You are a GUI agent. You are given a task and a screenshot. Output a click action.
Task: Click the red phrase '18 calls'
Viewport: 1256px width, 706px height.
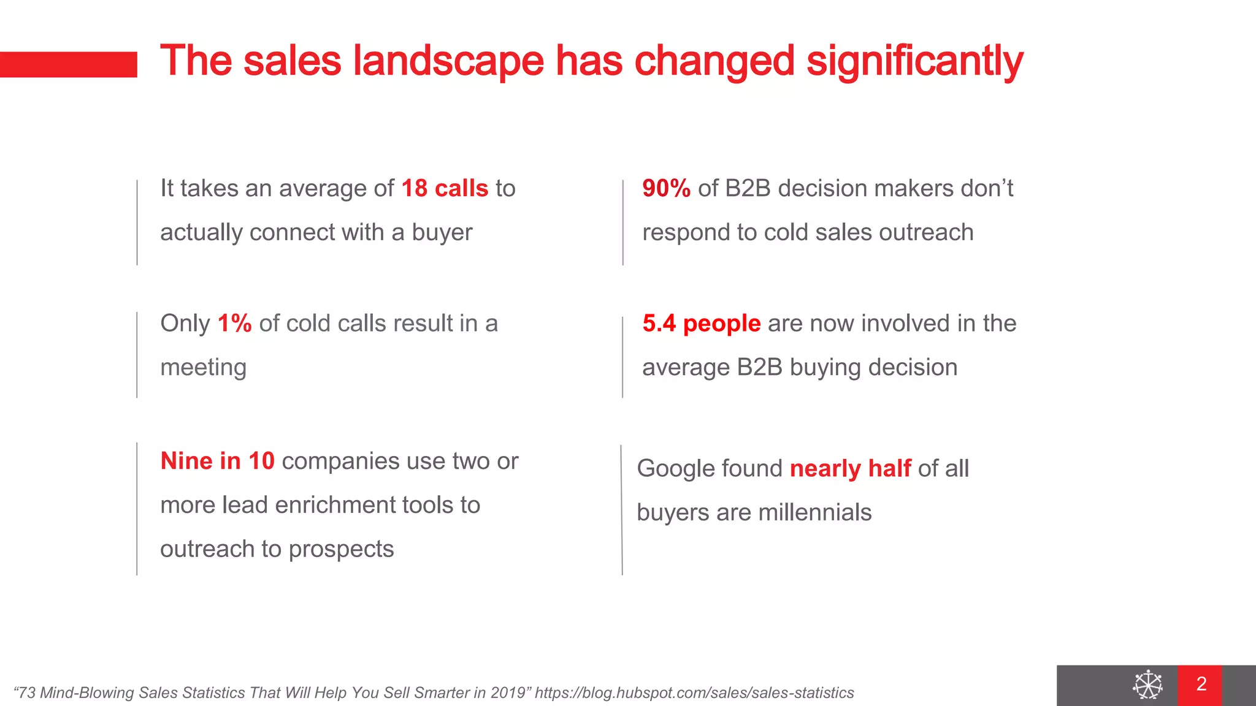coord(445,188)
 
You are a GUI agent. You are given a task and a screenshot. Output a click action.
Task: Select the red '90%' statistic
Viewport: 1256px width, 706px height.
coord(666,188)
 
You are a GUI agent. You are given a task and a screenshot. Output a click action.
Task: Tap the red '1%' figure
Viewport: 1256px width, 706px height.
coord(234,323)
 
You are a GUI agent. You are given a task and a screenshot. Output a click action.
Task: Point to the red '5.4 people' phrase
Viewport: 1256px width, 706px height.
coord(701,323)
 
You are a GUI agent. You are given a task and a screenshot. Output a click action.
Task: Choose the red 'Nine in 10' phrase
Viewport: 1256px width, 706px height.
coord(217,461)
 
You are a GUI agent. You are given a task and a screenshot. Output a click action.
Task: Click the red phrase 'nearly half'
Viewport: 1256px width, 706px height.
coord(850,468)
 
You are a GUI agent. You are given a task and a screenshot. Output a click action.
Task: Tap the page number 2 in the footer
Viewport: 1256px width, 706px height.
coord(1201,684)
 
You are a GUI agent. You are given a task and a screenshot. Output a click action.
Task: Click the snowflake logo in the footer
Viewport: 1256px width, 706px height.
coord(1147,685)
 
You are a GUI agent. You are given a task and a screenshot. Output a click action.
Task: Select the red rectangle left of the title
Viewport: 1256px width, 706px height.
coord(68,64)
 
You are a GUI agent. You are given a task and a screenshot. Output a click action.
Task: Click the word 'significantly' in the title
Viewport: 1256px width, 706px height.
coord(914,61)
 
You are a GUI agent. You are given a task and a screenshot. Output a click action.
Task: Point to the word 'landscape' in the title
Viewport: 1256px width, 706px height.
coord(448,61)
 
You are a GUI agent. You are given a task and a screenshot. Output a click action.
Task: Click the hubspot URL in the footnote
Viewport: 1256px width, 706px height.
coord(694,693)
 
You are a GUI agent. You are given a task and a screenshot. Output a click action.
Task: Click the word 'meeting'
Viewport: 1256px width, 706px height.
coord(203,367)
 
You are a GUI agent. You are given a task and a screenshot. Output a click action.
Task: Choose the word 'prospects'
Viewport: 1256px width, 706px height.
coord(341,549)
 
